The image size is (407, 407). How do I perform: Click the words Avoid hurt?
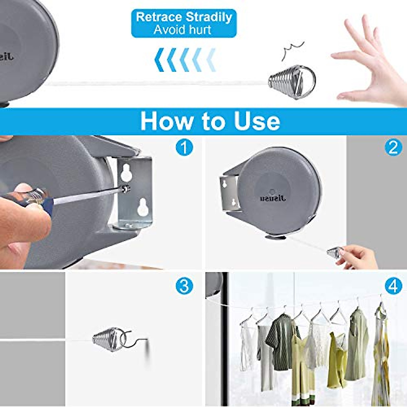click(x=182, y=30)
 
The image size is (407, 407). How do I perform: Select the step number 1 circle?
click(x=184, y=148)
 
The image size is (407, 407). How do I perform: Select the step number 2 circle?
click(x=393, y=148)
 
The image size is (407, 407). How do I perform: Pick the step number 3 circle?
click(x=184, y=287)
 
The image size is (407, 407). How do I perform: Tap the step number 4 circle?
click(x=393, y=287)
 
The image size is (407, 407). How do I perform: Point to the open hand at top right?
click(x=366, y=61)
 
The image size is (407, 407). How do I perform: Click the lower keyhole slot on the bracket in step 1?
click(x=142, y=207)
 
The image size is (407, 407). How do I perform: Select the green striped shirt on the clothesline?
click(x=279, y=339)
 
